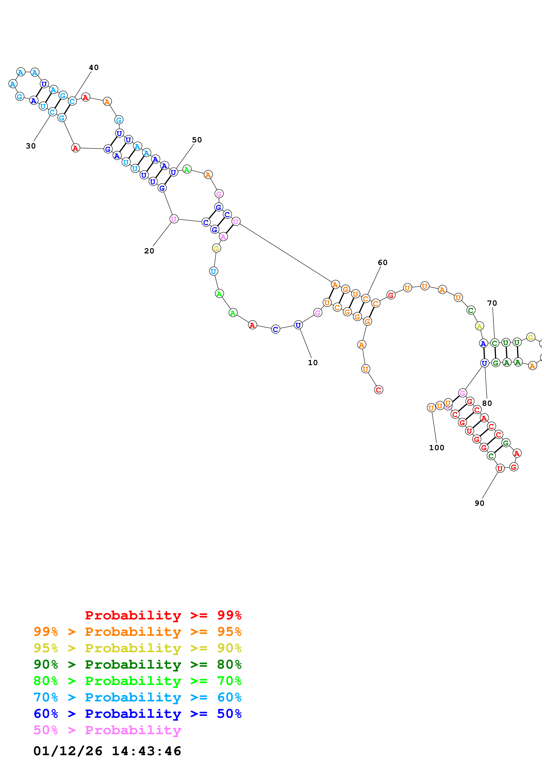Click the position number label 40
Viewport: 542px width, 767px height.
click(94, 68)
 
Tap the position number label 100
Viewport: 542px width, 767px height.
click(436, 448)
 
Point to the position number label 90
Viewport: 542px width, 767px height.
click(479, 503)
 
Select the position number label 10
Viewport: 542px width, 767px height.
click(313, 363)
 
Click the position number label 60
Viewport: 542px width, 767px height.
click(382, 263)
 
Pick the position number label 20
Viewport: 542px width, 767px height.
click(149, 251)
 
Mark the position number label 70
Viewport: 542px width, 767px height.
click(492, 303)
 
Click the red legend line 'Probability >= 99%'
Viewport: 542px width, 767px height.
click(163, 615)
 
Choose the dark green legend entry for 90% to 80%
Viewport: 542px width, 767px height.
click(137, 664)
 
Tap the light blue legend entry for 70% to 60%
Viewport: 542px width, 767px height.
click(137, 697)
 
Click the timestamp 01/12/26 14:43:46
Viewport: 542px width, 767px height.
click(107, 751)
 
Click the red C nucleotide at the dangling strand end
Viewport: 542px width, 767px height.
click(378, 390)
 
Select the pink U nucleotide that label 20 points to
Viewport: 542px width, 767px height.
click(174, 219)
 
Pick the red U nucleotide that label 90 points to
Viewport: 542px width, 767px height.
click(500, 469)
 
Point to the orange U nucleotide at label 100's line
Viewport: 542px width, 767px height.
click(431, 408)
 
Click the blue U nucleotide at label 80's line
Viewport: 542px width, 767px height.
click(484, 363)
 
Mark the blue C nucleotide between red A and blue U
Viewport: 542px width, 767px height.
click(275, 329)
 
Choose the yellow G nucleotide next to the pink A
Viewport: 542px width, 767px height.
click(216, 248)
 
